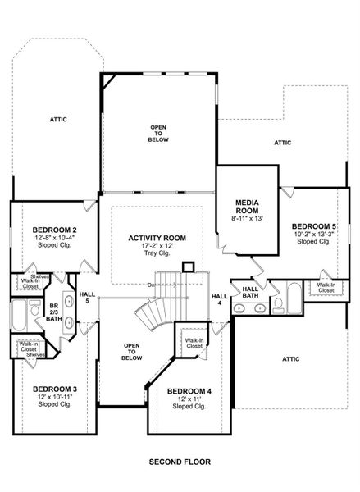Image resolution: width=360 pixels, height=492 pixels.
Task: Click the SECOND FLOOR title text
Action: click(x=180, y=462)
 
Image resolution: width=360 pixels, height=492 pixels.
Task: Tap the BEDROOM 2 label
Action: click(x=55, y=230)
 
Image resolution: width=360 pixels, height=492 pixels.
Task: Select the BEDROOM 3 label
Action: click(x=55, y=389)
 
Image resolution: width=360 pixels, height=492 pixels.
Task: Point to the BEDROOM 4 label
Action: click(x=188, y=391)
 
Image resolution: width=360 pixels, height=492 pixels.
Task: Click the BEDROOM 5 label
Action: click(x=313, y=226)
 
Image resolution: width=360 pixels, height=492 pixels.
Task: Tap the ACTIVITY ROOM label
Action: click(x=157, y=238)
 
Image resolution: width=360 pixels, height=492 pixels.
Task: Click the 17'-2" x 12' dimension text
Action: click(x=157, y=246)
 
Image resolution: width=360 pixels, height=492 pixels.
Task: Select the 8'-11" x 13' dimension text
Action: click(x=247, y=218)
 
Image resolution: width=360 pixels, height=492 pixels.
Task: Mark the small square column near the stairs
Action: click(x=188, y=266)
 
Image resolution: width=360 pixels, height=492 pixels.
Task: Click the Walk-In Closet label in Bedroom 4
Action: click(x=194, y=344)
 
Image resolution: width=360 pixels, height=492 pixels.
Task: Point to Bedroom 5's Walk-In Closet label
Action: click(x=326, y=288)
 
